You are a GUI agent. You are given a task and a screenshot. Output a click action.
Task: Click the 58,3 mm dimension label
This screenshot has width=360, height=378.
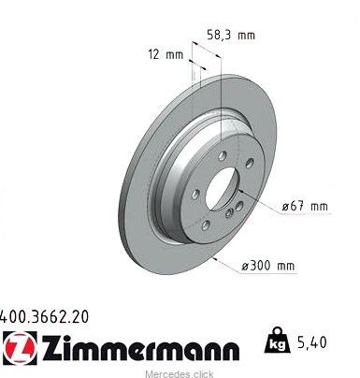pyautogui.click(x=231, y=35)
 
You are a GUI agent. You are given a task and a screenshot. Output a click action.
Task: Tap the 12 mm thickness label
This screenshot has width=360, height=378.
pyautogui.click(x=166, y=55)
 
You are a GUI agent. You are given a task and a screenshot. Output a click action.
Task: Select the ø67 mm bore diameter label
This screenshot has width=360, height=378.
pyautogui.click(x=305, y=206)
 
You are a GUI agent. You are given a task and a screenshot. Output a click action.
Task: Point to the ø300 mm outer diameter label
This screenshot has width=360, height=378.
pyautogui.click(x=268, y=266)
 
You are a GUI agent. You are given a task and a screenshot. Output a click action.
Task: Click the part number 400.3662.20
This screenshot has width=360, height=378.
pyautogui.click(x=44, y=316)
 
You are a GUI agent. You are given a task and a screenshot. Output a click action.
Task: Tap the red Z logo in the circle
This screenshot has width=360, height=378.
pyautogui.click(x=20, y=348)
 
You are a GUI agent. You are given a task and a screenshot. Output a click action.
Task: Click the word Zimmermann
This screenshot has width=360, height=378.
pyautogui.click(x=141, y=348)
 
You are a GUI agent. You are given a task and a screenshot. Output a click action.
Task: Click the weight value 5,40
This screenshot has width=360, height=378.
pyautogui.click(x=311, y=342)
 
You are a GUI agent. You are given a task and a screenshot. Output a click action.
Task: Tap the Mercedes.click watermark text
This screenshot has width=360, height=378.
pyautogui.click(x=180, y=373)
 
